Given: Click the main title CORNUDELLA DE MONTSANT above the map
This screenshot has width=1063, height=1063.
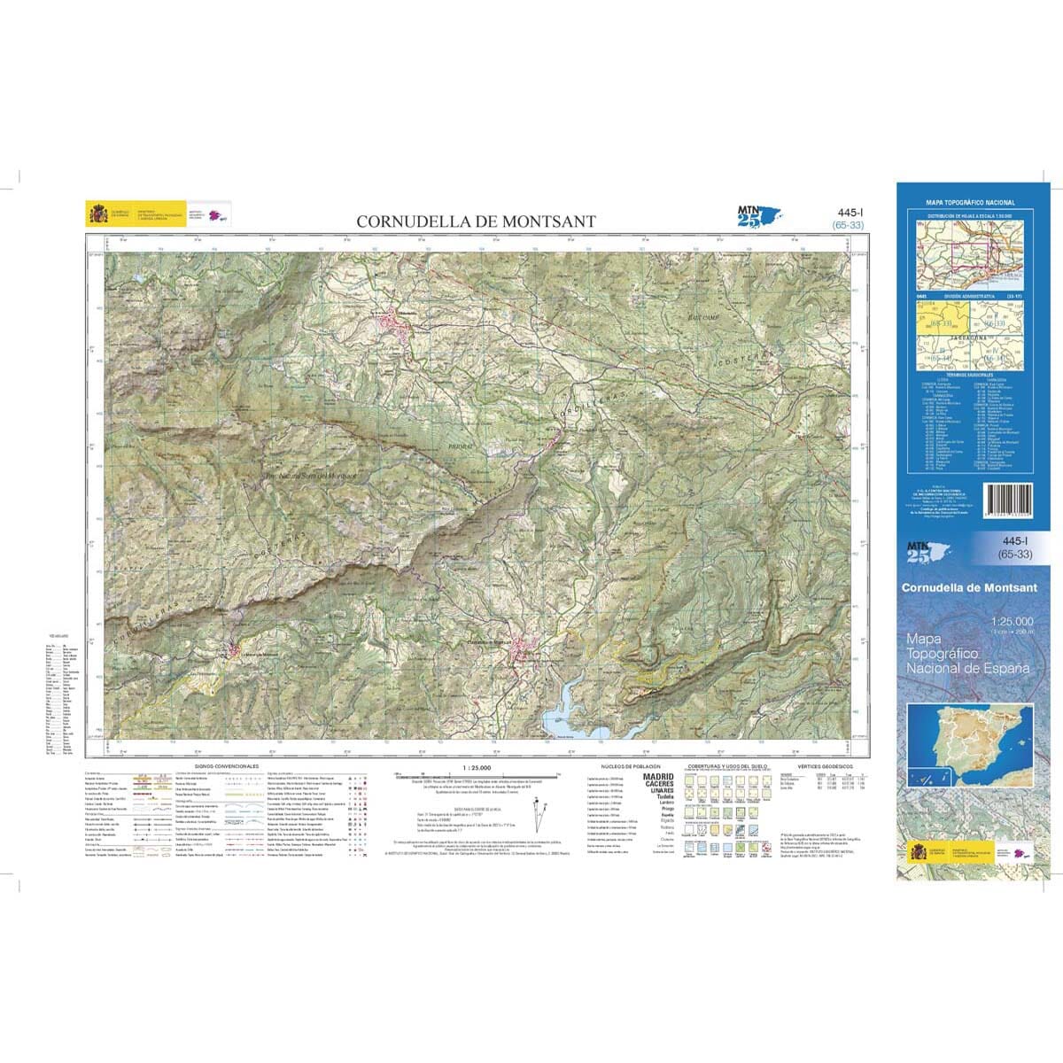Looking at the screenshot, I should tap(476, 221).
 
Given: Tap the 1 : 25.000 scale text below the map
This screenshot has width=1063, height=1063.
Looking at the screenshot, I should tap(476, 767).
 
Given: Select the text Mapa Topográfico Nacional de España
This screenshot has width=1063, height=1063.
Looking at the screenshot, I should tap(967, 653).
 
